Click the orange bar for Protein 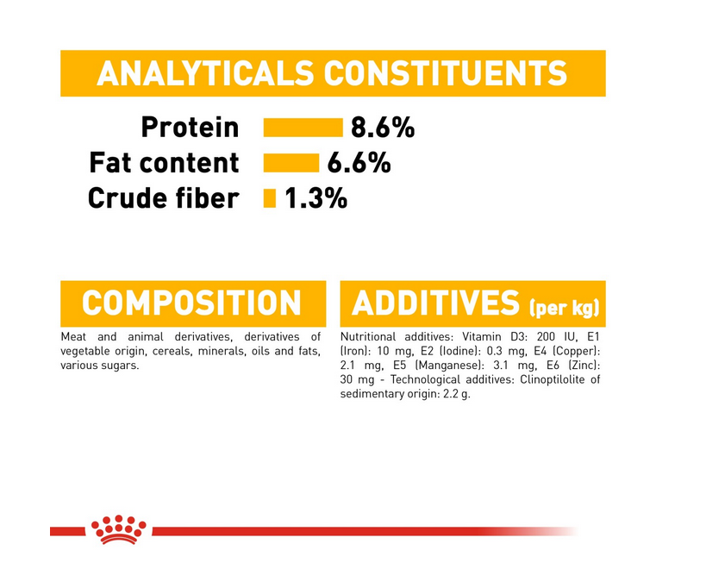(303, 128)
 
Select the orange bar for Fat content (291, 163)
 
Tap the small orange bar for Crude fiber (269, 198)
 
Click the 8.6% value (382, 128)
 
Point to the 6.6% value (359, 163)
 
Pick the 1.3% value (316, 198)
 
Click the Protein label (190, 128)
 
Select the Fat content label (164, 162)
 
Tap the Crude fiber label (163, 198)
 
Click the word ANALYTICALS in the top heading (205, 73)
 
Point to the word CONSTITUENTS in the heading (446, 73)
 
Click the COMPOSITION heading (191, 303)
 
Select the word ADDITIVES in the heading (435, 303)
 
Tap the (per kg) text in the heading (564, 308)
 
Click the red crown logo (118, 529)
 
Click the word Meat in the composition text (73, 337)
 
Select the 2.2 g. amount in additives (457, 394)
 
